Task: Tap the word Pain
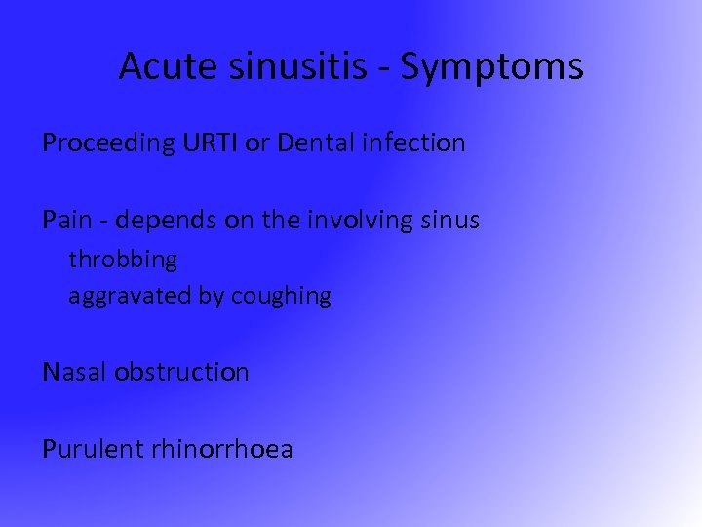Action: [65, 221]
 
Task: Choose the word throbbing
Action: [123, 261]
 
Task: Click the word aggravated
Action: [130, 296]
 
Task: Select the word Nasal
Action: [75, 372]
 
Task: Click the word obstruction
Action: [181, 372]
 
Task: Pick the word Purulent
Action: [94, 449]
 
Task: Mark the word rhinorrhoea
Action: [222, 449]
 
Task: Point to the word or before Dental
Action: [258, 143]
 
